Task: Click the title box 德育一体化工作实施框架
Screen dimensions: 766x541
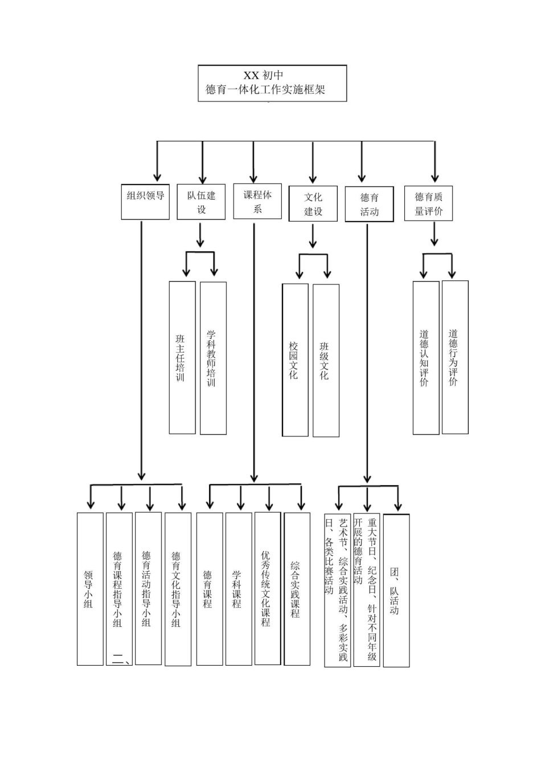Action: tap(272, 83)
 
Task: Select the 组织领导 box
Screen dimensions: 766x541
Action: tap(145, 202)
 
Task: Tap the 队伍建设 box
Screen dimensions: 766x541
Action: tap(201, 202)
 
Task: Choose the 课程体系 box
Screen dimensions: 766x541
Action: tap(257, 201)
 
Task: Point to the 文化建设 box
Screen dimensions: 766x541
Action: tap(313, 204)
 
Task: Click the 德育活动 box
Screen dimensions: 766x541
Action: tap(369, 205)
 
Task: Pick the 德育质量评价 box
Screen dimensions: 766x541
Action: tap(428, 203)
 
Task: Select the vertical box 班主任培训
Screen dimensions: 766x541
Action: tap(182, 357)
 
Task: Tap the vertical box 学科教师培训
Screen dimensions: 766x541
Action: tap(213, 357)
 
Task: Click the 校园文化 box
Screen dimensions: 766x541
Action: tap(295, 360)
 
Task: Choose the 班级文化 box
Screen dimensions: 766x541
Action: tap(326, 360)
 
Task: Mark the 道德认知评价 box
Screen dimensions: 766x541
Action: tap(425, 357)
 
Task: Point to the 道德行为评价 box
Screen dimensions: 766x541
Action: tap(455, 357)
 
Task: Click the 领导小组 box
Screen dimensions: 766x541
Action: tap(90, 589)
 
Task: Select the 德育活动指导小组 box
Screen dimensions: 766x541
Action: tap(148, 588)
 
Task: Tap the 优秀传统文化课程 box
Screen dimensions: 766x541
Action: tap(268, 588)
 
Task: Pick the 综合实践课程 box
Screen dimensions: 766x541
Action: tap(297, 589)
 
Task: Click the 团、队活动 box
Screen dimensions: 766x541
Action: tap(396, 590)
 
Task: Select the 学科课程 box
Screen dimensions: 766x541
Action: tap(239, 589)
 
